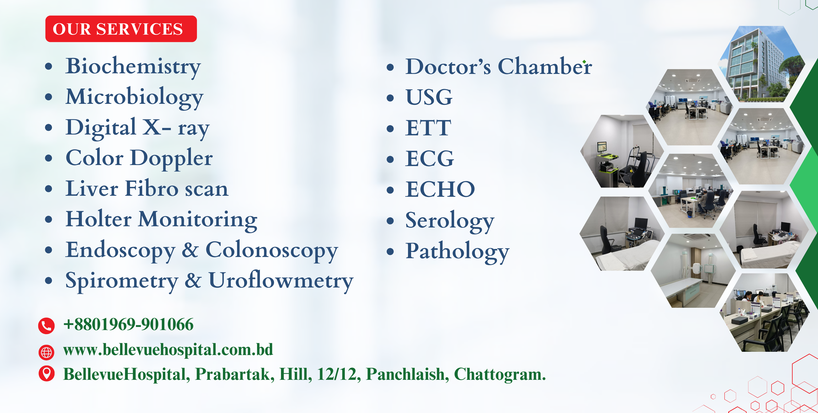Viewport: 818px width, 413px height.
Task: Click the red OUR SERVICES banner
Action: click(121, 29)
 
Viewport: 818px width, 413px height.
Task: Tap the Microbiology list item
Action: click(134, 97)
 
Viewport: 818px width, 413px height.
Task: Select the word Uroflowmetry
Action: click(281, 281)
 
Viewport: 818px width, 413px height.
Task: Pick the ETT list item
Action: click(428, 128)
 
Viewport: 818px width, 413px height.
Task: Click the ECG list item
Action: click(430, 158)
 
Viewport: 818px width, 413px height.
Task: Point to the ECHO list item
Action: click(440, 189)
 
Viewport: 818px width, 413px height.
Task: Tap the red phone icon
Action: click(46, 326)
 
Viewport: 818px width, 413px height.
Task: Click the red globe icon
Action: click(46, 352)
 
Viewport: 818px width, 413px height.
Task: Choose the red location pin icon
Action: click(46, 373)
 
